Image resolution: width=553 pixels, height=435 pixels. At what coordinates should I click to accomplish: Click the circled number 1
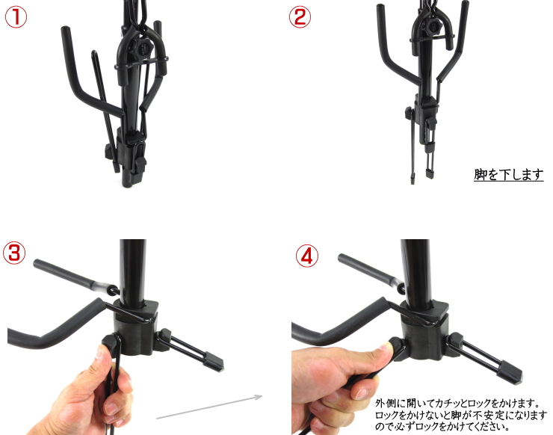[16, 16]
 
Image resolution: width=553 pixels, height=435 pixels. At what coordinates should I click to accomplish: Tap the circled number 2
[300, 16]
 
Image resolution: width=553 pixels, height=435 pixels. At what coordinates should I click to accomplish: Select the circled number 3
[16, 253]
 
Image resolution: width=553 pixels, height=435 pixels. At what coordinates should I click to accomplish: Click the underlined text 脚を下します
[508, 175]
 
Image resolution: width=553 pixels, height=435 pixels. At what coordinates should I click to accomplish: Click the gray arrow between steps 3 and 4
[209, 406]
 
